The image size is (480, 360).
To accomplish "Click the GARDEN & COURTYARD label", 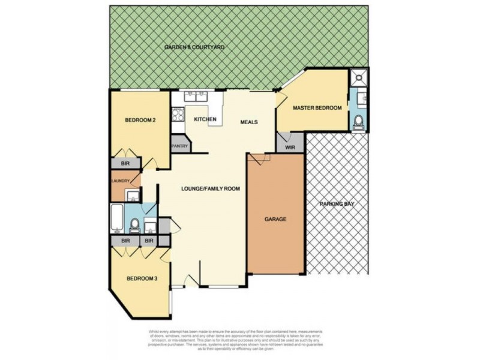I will tap(196, 47).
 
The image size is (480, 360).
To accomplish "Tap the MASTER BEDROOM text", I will tap(317, 108).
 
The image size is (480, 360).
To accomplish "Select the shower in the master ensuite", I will tap(358, 77).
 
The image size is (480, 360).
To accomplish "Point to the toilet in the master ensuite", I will tap(359, 122).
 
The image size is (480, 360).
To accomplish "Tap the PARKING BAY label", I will tap(337, 204).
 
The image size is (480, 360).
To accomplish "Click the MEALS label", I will tap(249, 122).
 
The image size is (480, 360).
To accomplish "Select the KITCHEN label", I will tap(205, 120).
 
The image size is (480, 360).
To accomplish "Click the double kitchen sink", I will tap(196, 96).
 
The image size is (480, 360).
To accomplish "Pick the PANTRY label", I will tap(180, 146).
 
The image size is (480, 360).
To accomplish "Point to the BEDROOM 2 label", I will tap(140, 120).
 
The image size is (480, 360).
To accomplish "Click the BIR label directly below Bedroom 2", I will tap(125, 163).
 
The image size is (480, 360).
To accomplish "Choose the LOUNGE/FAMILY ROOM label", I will tap(211, 188).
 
